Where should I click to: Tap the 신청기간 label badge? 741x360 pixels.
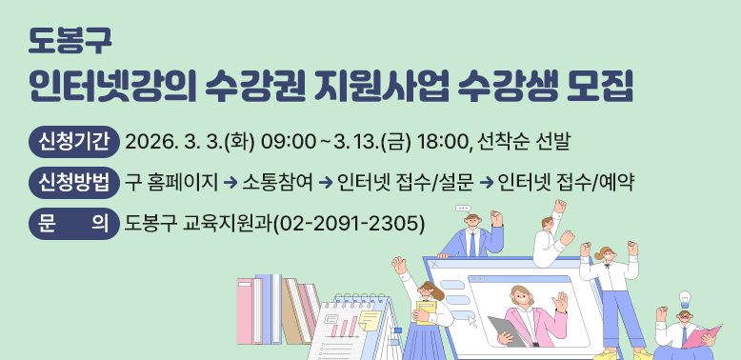(73, 142)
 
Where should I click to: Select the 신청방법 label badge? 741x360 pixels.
(73, 181)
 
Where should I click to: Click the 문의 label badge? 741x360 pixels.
(73, 221)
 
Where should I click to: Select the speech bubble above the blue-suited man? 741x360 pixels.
(464, 208)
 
